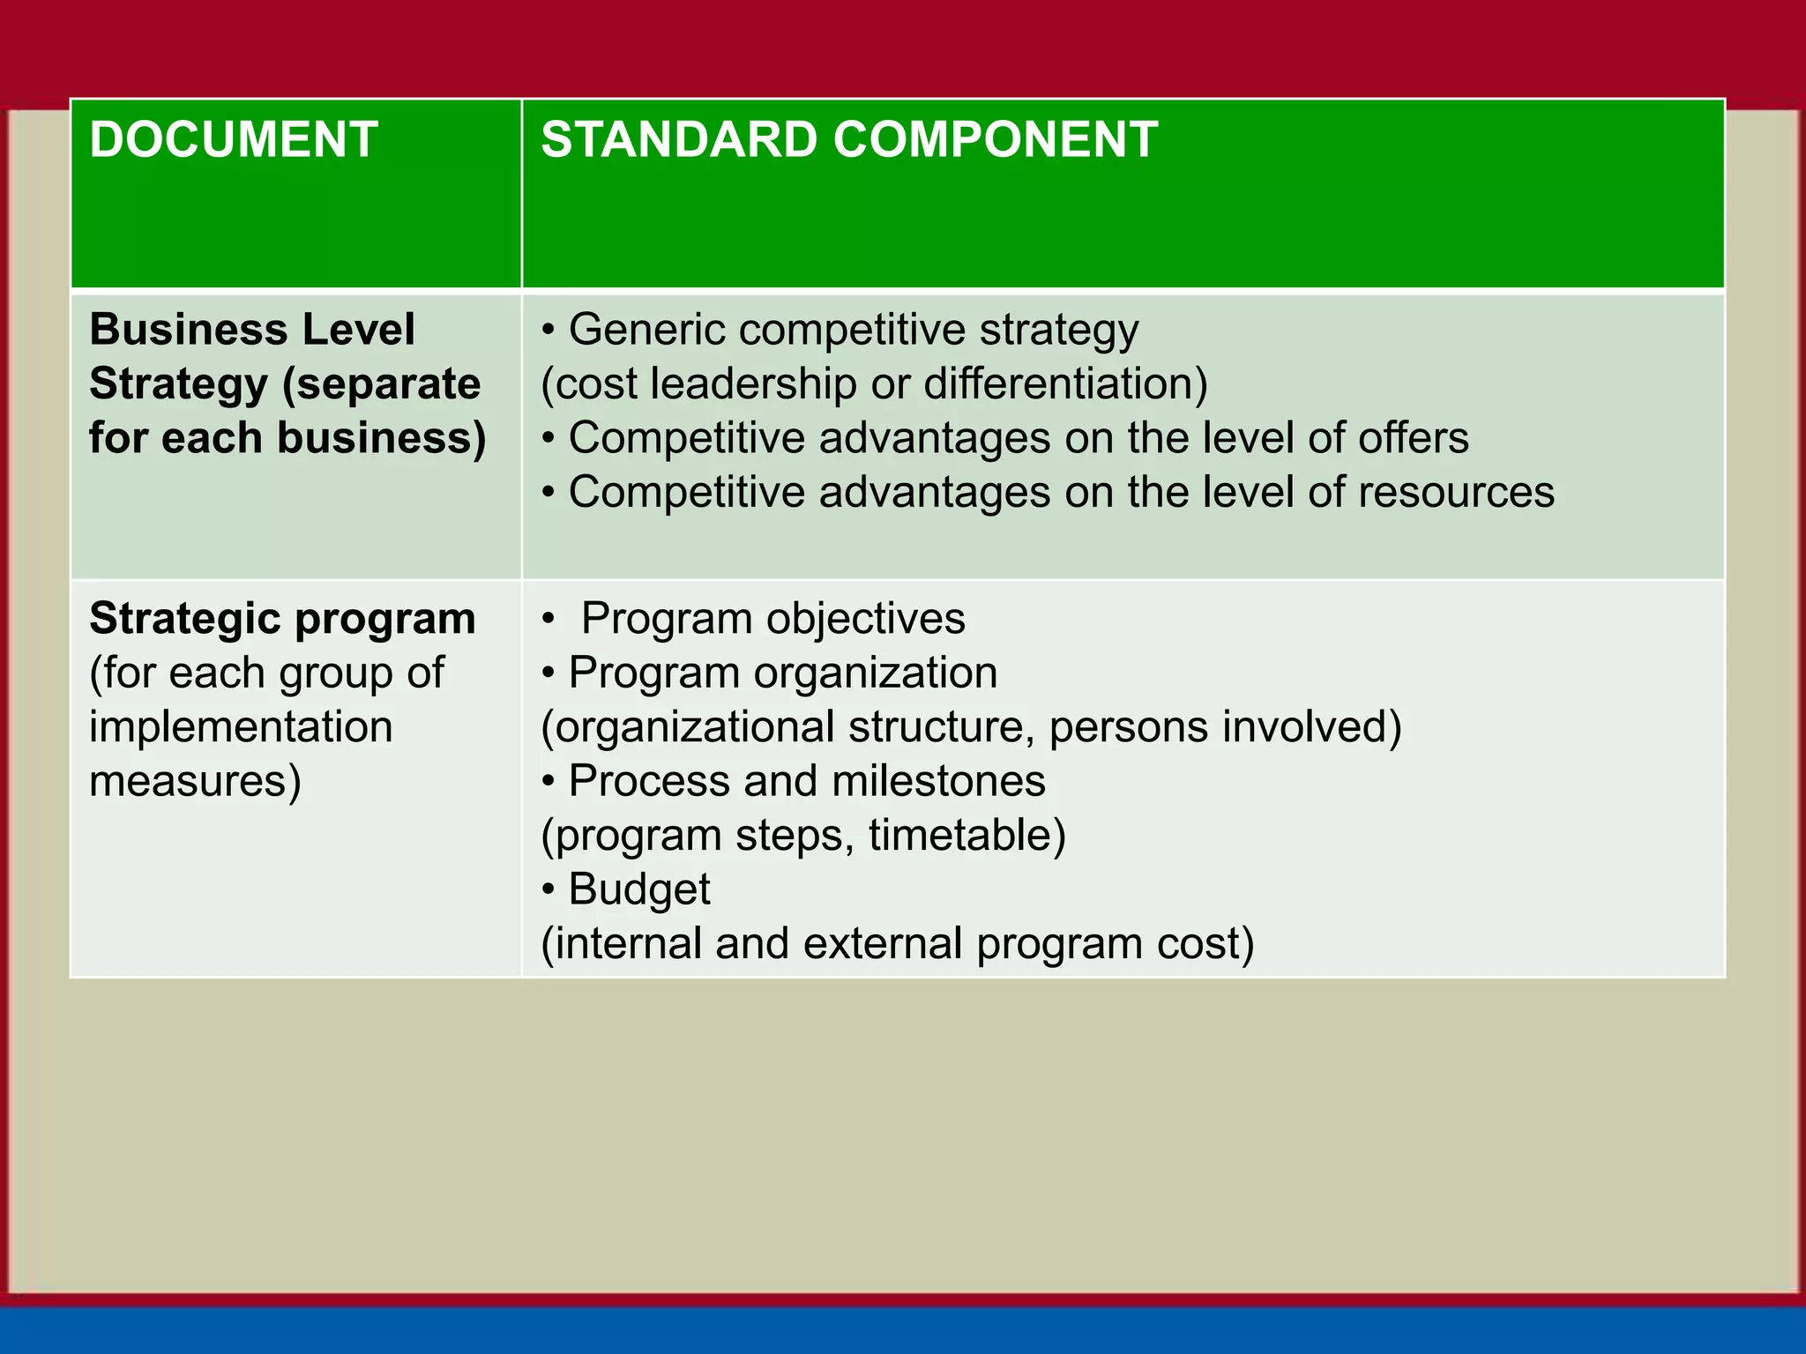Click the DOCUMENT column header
pyautogui.click(x=234, y=139)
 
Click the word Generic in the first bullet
pyautogui.click(x=647, y=330)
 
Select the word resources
pyautogui.click(x=1456, y=493)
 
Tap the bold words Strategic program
pyautogui.click(x=282, y=619)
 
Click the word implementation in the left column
pyautogui.click(x=241, y=727)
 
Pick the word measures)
pyautogui.click(x=195, y=782)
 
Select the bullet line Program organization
pyautogui.click(x=782, y=673)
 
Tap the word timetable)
pyautogui.click(x=967, y=836)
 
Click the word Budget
pyautogui.click(x=639, y=889)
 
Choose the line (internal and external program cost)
pyautogui.click(x=897, y=944)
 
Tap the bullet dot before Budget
pyautogui.click(x=549, y=890)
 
